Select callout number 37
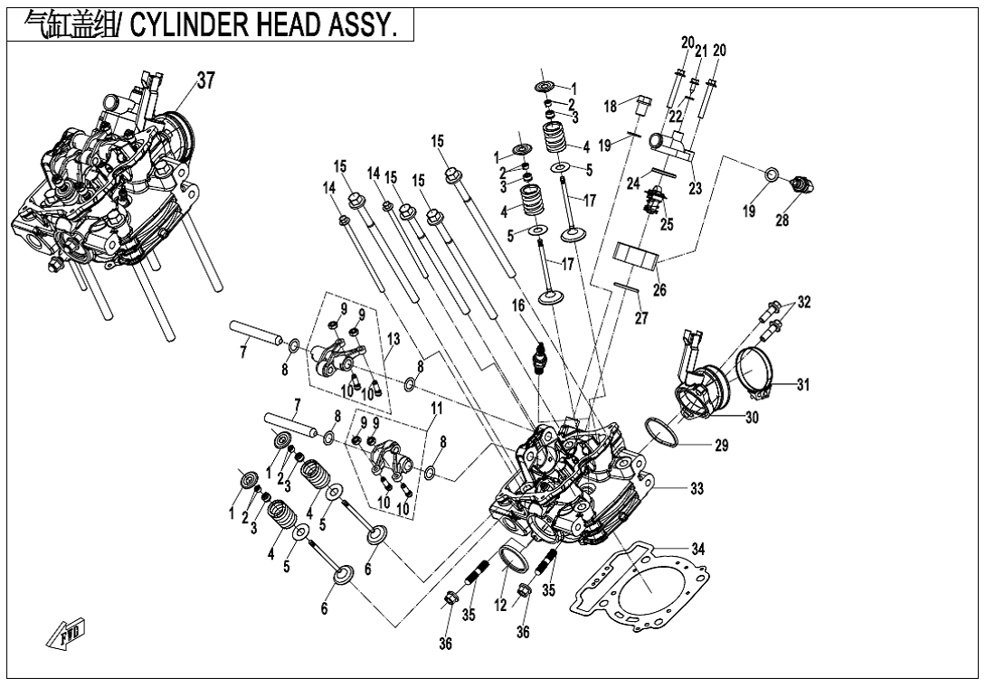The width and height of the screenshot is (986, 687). pyautogui.click(x=205, y=81)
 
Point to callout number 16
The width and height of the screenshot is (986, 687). pyautogui.click(x=517, y=307)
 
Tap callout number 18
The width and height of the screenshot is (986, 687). pyautogui.click(x=611, y=107)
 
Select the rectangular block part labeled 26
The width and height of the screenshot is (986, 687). pyautogui.click(x=634, y=255)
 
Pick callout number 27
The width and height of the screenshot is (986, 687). pyautogui.click(x=640, y=317)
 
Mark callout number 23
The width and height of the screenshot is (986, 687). pyautogui.click(x=697, y=189)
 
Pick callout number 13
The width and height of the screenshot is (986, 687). pyautogui.click(x=393, y=336)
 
